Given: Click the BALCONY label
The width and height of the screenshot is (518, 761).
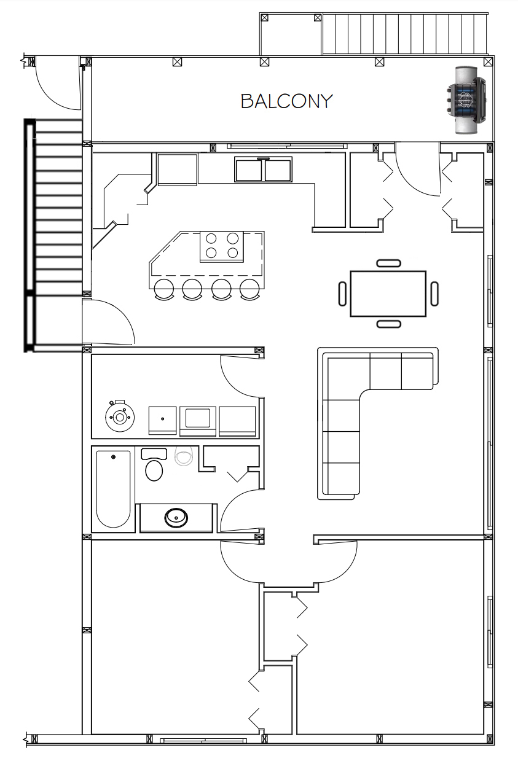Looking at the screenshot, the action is [286, 101].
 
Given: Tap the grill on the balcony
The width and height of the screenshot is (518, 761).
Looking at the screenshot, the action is [466, 100].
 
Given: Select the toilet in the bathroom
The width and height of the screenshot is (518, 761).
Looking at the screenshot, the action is [154, 465].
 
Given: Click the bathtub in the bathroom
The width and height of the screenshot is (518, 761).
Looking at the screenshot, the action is [113, 489].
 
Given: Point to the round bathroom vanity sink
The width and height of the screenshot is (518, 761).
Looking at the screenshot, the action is [176, 518].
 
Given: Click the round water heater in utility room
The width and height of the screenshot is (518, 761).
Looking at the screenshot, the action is [120, 416].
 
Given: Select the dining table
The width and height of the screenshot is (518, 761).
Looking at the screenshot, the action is [388, 294].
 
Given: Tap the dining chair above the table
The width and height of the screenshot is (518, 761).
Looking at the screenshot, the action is [388, 263].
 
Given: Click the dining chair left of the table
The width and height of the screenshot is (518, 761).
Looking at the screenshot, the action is [342, 294].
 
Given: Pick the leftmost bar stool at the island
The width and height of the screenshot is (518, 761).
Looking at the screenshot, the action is [164, 289].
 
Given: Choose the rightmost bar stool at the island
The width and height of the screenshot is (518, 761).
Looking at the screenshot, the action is [250, 289].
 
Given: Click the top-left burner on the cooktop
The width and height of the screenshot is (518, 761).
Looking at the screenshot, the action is [211, 238].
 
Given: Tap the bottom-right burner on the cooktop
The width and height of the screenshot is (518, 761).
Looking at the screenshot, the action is [232, 253].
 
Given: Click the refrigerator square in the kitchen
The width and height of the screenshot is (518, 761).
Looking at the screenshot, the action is [177, 170].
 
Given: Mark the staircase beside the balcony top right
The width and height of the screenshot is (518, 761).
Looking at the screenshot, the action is [405, 34].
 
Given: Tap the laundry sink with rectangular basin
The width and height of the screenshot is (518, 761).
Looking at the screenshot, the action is [197, 421].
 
